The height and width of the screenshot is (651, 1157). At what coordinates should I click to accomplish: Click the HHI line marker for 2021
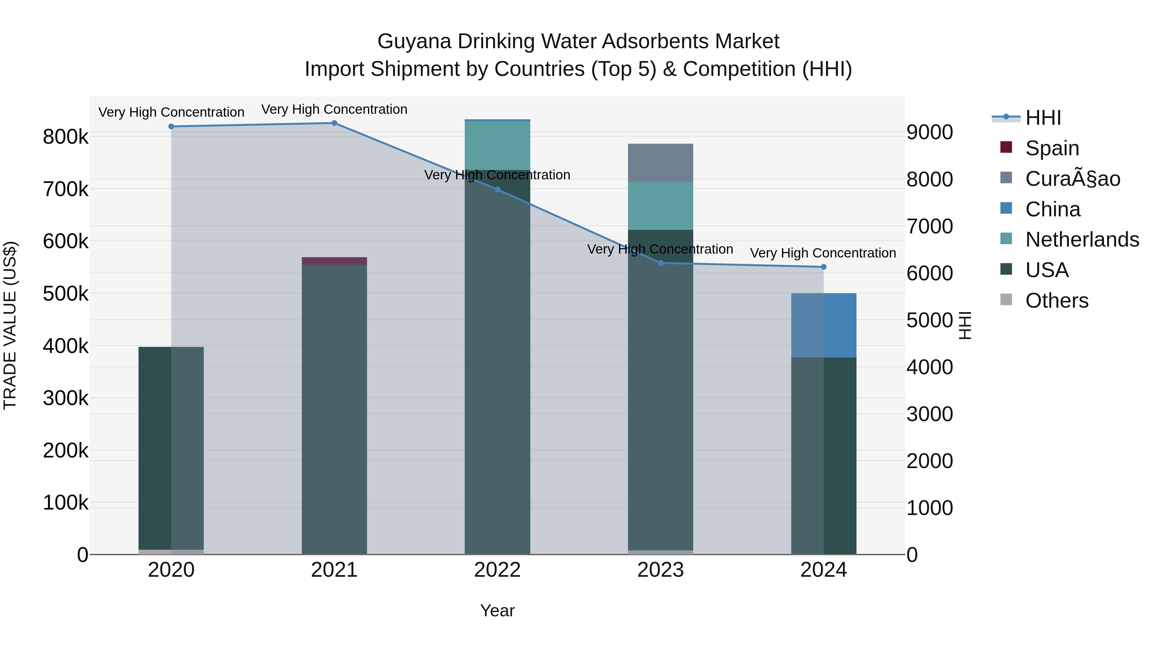click(334, 123)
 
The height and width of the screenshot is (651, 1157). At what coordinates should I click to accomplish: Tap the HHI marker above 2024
click(823, 267)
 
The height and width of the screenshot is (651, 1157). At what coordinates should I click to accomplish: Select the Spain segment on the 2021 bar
click(334, 261)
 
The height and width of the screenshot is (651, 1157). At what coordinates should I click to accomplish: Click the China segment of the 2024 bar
click(823, 325)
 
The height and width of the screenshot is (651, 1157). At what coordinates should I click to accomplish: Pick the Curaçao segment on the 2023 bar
click(660, 163)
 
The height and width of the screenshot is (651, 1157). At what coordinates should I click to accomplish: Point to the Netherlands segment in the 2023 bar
click(660, 206)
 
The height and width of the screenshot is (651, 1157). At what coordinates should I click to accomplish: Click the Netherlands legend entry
click(1081, 240)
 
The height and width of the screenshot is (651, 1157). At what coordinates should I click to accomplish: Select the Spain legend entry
click(1052, 148)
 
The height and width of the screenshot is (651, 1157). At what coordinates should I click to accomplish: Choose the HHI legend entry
click(1043, 118)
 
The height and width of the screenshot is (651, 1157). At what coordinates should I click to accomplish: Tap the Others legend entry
click(1056, 301)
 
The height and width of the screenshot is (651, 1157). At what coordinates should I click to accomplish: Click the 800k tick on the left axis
click(66, 137)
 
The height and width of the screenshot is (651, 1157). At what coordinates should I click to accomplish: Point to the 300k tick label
click(66, 398)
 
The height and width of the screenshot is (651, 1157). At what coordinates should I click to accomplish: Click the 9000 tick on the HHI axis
click(929, 132)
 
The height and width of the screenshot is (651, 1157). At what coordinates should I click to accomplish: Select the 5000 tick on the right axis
click(929, 320)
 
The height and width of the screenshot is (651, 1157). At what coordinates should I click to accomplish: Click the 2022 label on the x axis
click(497, 570)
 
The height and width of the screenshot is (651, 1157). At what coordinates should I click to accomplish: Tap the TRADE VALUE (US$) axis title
click(10, 325)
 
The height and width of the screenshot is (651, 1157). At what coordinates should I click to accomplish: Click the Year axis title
click(497, 610)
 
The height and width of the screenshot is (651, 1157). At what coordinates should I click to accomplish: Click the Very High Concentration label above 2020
click(171, 112)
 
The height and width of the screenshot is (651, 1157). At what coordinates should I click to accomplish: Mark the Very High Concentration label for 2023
click(660, 249)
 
